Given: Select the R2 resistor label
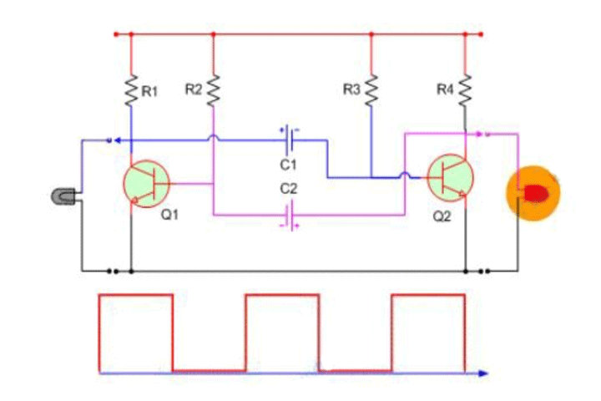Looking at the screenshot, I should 193,89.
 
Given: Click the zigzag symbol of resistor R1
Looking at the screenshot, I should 131,91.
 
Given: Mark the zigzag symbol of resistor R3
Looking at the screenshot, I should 371,89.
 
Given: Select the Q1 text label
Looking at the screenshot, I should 170,215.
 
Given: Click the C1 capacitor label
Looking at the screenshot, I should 288,165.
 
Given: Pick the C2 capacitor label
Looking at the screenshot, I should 288,190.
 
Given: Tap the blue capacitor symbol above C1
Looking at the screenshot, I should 288,134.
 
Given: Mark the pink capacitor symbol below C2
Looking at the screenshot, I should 288,218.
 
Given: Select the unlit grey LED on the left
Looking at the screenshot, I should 63,196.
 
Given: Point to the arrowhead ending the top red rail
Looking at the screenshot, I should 481,34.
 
